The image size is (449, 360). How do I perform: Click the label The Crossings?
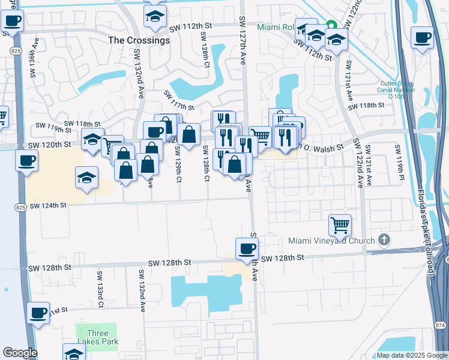[x=139, y=40]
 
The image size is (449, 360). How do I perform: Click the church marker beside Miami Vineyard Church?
[x=385, y=241]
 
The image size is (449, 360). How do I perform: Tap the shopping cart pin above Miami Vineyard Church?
[x=340, y=226]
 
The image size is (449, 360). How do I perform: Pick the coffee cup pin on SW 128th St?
[x=247, y=248]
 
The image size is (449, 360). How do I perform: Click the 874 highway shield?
[x=441, y=325]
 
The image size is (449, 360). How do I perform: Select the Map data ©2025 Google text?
[x=411, y=355]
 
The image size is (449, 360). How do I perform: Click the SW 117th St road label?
[x=180, y=101]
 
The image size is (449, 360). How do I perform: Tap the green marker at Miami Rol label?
[x=331, y=26]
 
